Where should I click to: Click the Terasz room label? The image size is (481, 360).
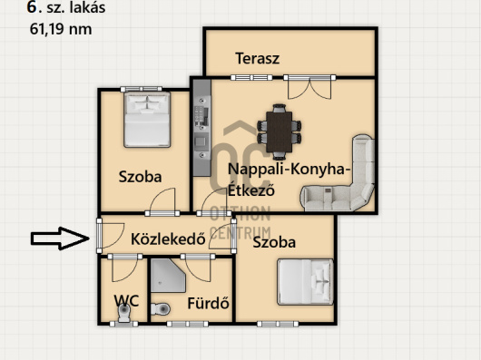pyautogui.click(x=258, y=58)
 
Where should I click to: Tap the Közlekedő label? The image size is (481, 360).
pyautogui.click(x=168, y=239)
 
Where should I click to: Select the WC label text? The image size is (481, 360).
pyautogui.click(x=126, y=301)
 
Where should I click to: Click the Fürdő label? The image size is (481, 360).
pyautogui.click(x=209, y=303)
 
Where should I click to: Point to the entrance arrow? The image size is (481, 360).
pyautogui.click(x=60, y=238)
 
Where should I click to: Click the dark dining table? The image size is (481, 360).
pyautogui.click(x=279, y=132)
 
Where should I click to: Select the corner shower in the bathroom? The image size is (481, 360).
pyautogui.click(x=167, y=276)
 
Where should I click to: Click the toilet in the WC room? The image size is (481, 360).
pyautogui.click(x=124, y=313)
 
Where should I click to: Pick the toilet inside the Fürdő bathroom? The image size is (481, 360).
pyautogui.click(x=160, y=309)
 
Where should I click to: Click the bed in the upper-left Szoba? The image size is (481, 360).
pyautogui.click(x=147, y=120)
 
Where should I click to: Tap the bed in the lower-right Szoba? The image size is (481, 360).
pyautogui.click(x=305, y=282)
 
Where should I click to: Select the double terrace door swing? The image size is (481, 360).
pyautogui.click(x=309, y=88)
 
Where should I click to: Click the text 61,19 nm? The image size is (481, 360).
pyautogui.click(x=61, y=30)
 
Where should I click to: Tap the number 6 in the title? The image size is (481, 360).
pyautogui.click(x=32, y=7)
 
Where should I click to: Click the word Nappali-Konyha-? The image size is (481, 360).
pyautogui.click(x=289, y=170)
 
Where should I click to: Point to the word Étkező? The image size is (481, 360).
pyautogui.click(x=250, y=190)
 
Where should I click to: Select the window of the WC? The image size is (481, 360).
pyautogui.click(x=123, y=324)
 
